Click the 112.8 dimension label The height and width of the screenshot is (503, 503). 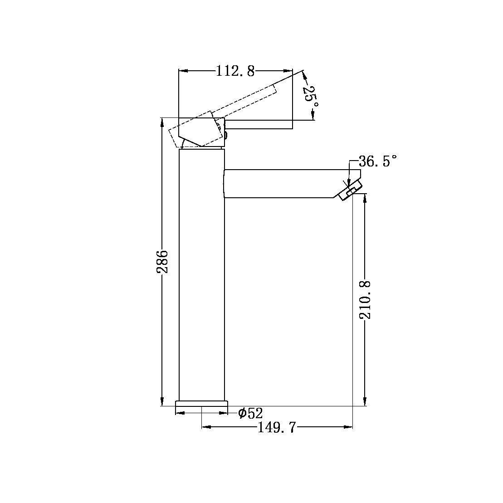click(x=235, y=71)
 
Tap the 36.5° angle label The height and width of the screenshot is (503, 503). click(x=377, y=161)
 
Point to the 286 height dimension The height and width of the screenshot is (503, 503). click(x=162, y=261)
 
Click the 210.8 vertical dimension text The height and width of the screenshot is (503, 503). click(x=366, y=299)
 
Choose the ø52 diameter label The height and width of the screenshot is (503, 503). click(x=250, y=413)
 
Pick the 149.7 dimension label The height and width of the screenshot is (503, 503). click(x=277, y=427)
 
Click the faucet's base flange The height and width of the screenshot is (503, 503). click(x=201, y=403)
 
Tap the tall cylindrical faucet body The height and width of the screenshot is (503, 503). click(x=202, y=272)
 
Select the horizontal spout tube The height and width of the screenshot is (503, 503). click(x=281, y=184)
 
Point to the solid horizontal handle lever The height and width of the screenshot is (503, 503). click(x=259, y=125)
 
